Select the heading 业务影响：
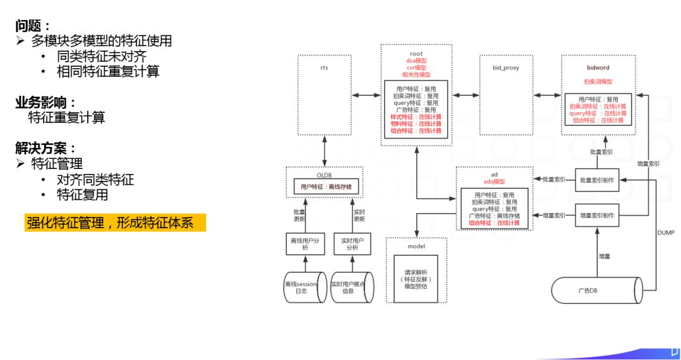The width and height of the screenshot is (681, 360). coord(47,102)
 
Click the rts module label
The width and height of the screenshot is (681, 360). coord(324,67)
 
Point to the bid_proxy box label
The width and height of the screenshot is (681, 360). coord(506,67)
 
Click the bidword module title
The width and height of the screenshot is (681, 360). coord(598,67)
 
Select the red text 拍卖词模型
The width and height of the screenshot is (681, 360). coord(598,82)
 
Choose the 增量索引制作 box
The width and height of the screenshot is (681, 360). coord(597,216)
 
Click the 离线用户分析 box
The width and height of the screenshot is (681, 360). coord(304,244)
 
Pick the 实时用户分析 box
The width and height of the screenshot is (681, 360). coord(351,244)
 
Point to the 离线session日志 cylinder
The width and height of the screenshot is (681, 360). coord(304,287)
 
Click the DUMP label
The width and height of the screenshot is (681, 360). coord(665,233)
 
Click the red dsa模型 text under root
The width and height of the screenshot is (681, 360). coord(416,61)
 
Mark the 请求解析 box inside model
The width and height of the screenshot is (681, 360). coord(416,277)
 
